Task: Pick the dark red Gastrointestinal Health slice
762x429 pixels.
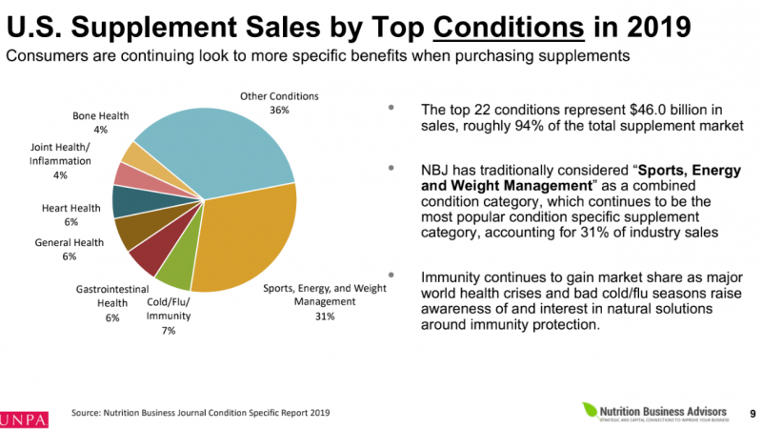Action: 149,256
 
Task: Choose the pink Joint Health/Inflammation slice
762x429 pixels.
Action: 129,175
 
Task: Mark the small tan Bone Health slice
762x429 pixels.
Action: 135,155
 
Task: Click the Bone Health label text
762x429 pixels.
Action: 102,116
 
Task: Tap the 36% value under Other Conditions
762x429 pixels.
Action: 278,111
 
